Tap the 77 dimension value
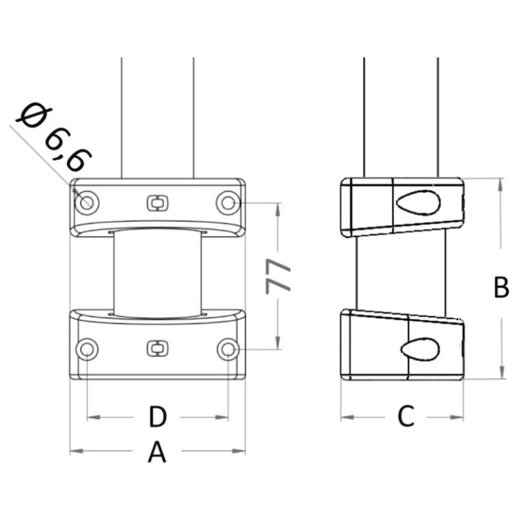click(x=278, y=277)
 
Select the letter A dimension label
click(x=157, y=453)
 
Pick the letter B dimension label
click(x=501, y=287)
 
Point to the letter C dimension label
click(x=406, y=416)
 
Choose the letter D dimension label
click(x=157, y=417)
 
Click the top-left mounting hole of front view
click(x=87, y=203)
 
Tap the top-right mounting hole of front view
click(x=228, y=202)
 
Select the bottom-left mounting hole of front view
click(x=87, y=349)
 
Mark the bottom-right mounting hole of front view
click(x=228, y=349)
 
